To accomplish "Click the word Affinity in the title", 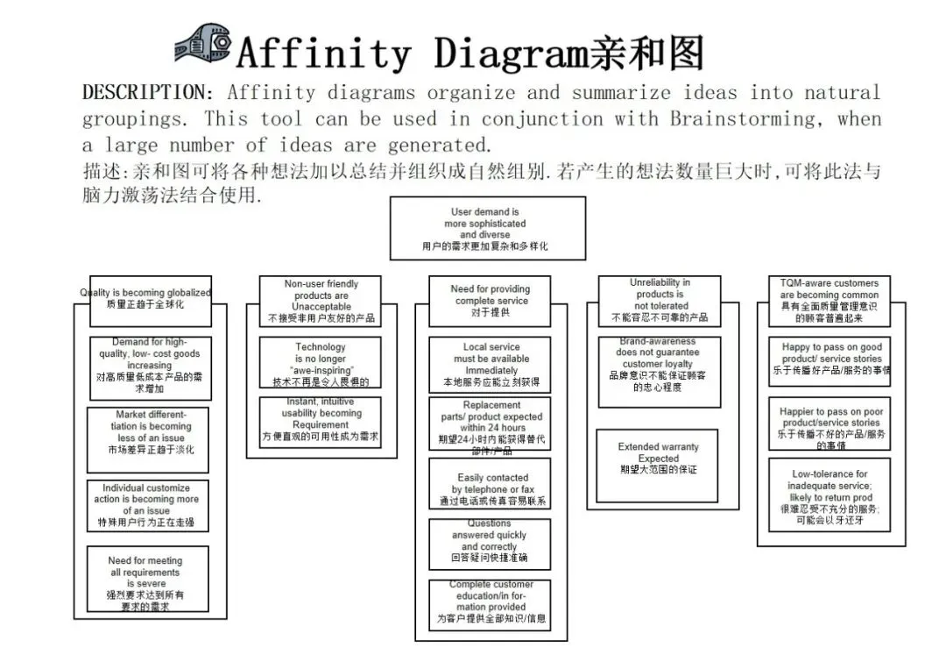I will (323, 53).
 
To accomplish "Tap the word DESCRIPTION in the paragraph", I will (145, 92).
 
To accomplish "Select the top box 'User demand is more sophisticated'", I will (487, 228).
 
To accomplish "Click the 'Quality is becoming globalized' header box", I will (145, 298).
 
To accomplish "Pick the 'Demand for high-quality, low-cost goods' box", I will (149, 365).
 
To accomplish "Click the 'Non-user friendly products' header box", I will (321, 301).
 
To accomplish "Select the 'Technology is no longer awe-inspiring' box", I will (321, 363).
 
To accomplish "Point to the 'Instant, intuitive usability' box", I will (321, 422).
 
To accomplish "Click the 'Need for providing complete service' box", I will (490, 301).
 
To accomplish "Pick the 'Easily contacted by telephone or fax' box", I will (490, 483).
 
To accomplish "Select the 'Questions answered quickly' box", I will (490, 541).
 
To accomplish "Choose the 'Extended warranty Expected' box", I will (659, 458).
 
